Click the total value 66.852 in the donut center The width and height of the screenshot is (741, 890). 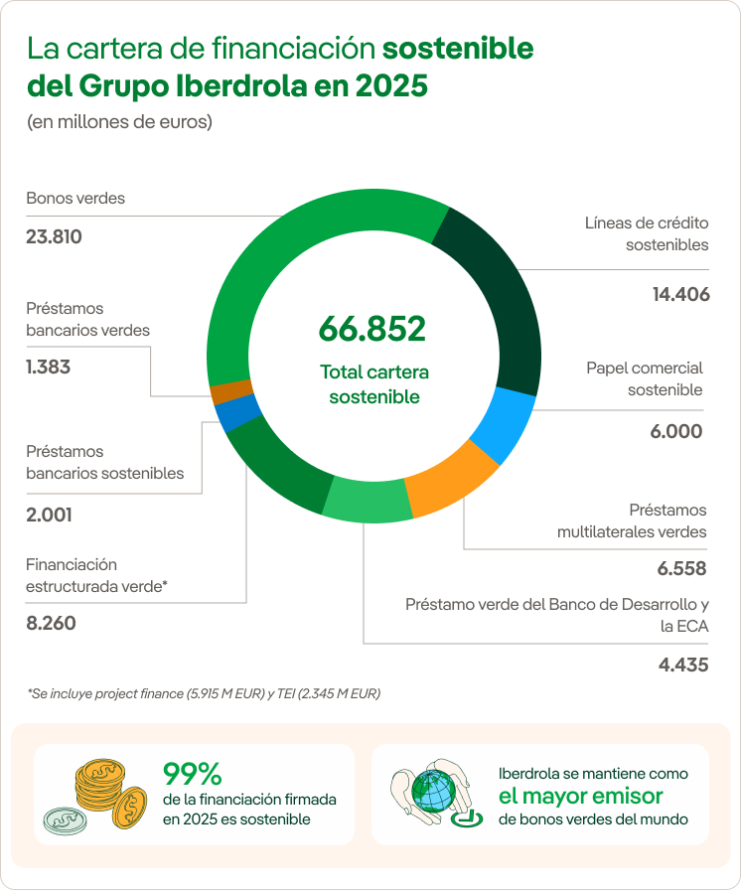click(x=371, y=329)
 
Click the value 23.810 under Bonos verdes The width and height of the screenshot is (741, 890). click(x=54, y=237)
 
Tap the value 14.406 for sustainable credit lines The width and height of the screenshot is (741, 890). click(x=680, y=294)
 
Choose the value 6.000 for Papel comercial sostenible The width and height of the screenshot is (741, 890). click(x=676, y=431)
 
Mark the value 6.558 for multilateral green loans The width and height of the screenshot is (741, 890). click(x=681, y=569)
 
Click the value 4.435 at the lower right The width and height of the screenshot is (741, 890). click(x=683, y=665)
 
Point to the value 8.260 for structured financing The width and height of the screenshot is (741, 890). click(x=51, y=624)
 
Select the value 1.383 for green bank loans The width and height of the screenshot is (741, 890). click(x=49, y=368)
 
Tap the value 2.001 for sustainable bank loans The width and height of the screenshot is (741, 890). click(x=49, y=515)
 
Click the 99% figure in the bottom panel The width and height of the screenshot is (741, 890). click(x=193, y=774)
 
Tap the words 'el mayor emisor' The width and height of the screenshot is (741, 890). click(x=580, y=796)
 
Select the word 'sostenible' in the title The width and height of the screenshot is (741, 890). click(x=457, y=49)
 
